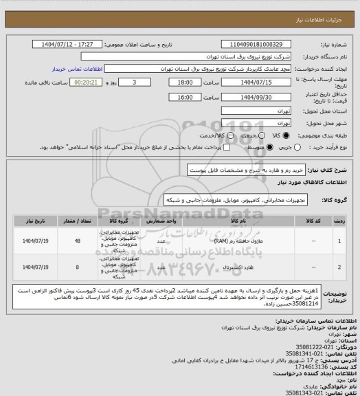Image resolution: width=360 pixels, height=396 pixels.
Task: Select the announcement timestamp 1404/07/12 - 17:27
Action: [x=76, y=43]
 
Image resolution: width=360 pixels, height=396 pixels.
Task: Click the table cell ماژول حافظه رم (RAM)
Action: [x=232, y=241]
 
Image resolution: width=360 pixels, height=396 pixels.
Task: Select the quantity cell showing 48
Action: [x=77, y=241]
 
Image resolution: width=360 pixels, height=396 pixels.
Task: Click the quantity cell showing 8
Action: [x=77, y=265]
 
